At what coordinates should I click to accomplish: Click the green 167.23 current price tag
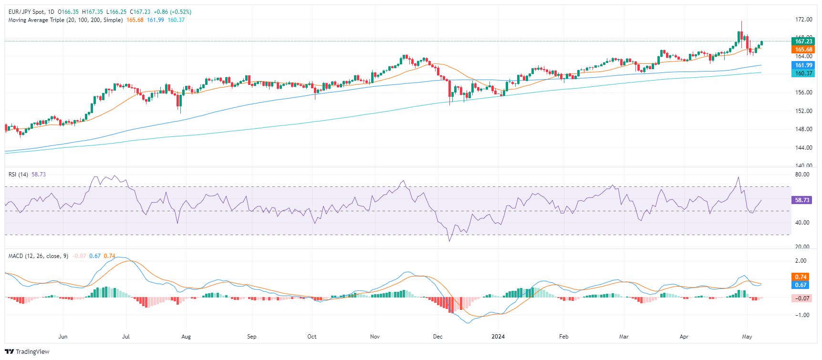point(803,41)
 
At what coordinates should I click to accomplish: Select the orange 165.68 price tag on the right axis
point(803,50)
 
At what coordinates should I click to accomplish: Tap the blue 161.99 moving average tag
point(803,65)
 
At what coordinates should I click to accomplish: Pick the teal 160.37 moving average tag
point(803,73)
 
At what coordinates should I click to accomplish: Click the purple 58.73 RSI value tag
point(802,200)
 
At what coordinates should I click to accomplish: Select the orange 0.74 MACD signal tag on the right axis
point(801,277)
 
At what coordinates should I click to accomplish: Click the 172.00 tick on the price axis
point(803,20)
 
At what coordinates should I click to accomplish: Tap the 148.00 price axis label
point(803,129)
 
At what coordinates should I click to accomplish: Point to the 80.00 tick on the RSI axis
point(802,175)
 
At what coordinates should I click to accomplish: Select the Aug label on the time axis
point(186,337)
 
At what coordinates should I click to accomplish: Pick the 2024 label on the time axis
point(498,337)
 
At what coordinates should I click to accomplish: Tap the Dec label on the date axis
point(437,337)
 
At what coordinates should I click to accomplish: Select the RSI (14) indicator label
point(18,175)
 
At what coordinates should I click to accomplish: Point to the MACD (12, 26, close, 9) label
point(38,256)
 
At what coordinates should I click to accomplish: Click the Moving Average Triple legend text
point(65,20)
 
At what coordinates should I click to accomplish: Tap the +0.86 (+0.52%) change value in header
point(172,12)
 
